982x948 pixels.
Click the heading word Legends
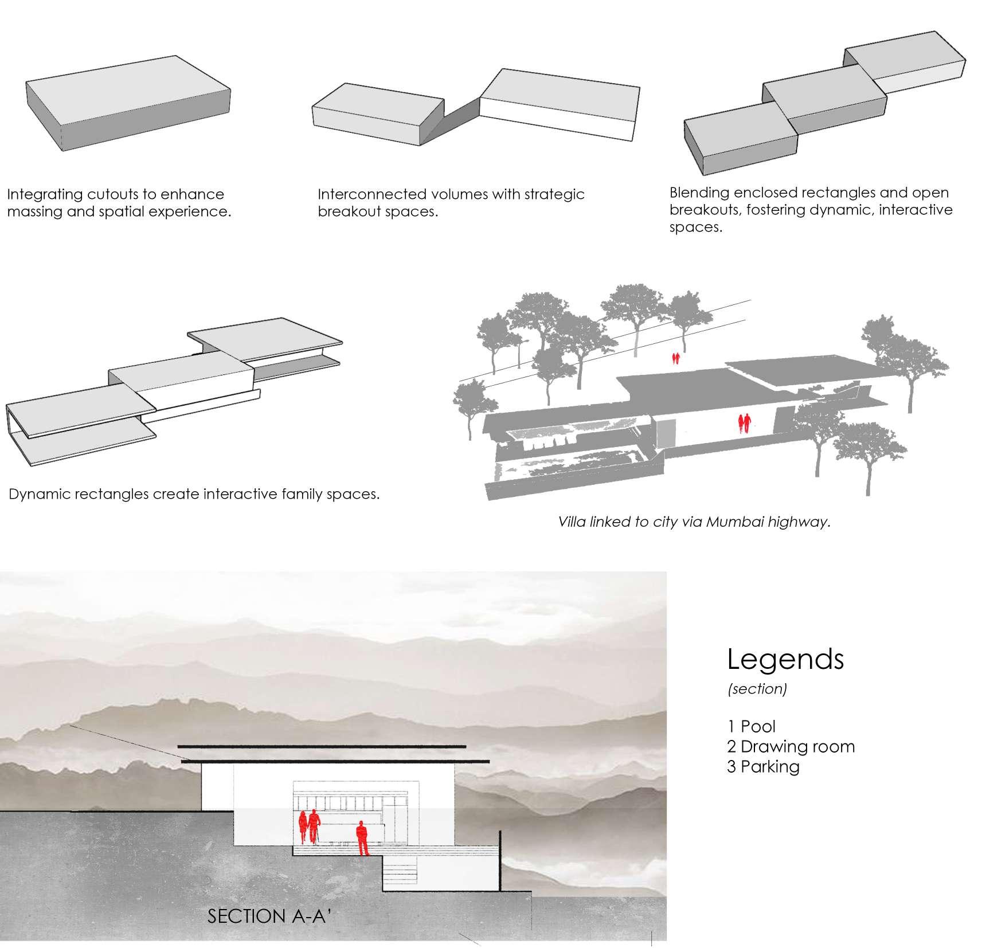tap(785, 659)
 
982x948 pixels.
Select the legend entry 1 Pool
tap(751, 726)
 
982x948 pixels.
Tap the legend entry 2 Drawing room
tap(791, 746)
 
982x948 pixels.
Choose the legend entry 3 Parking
tap(763, 766)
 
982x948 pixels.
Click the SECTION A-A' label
tap(269, 916)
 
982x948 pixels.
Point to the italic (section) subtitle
tap(757, 688)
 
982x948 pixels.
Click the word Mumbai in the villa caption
tap(732, 522)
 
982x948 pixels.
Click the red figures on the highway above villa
tap(676, 358)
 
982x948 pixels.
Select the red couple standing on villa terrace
tap(744, 424)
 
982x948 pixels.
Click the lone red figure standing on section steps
tap(362, 837)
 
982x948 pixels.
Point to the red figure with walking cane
tap(313, 825)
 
